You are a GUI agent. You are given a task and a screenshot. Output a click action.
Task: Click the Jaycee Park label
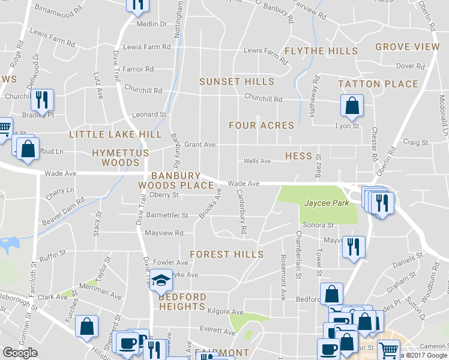pyautogui.click(x=327, y=203)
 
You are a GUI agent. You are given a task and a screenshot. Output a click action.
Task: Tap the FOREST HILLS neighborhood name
pyautogui.click(x=226, y=254)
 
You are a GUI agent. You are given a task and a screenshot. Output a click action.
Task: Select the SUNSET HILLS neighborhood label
pyautogui.click(x=237, y=82)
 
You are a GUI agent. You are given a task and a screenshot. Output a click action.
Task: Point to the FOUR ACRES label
pyautogui.click(x=261, y=125)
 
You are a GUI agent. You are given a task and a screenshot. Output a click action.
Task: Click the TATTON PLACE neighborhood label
pyautogui.click(x=378, y=84)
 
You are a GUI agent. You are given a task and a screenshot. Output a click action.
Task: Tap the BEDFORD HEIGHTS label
pyautogui.click(x=182, y=302)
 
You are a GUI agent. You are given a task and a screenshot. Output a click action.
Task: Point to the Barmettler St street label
pyautogui.click(x=167, y=215)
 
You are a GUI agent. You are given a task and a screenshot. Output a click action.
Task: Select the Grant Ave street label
pyautogui.click(x=199, y=145)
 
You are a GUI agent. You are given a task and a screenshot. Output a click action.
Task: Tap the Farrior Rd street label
pyautogui.click(x=139, y=70)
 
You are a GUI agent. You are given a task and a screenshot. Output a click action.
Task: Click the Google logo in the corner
pyautogui.click(x=20, y=353)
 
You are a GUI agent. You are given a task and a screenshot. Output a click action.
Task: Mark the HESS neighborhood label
pyautogui.click(x=298, y=156)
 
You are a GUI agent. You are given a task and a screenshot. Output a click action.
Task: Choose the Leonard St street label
pyautogui.click(x=149, y=115)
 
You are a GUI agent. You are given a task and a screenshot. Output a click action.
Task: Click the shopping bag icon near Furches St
pyautogui.click(x=87, y=326)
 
